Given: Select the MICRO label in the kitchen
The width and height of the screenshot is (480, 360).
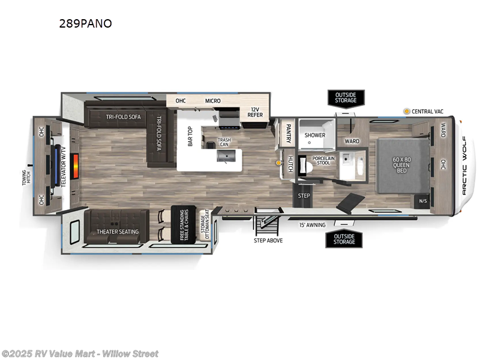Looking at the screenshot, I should (x=213, y=101).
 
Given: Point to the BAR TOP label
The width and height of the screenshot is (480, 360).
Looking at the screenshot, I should (x=190, y=136).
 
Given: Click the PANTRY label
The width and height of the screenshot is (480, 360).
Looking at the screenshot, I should (x=289, y=131).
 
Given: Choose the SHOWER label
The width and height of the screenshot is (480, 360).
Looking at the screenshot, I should (x=314, y=135).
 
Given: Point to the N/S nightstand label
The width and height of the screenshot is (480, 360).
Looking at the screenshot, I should (x=423, y=200).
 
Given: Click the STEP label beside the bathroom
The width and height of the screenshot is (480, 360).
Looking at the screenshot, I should (x=304, y=196).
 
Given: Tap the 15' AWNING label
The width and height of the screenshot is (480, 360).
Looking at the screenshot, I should (x=312, y=225).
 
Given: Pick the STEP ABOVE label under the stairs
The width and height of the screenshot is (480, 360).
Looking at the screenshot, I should (x=268, y=240).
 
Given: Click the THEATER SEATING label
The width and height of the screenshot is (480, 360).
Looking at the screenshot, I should (x=118, y=232).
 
